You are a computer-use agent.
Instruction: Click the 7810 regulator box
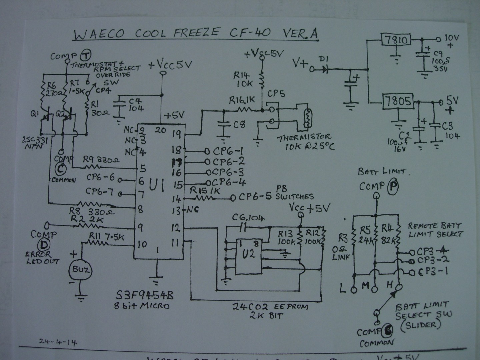pyautogui.click(x=397, y=40)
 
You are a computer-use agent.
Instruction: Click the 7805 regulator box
pyautogui.click(x=398, y=101)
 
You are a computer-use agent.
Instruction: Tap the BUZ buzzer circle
pyautogui.click(x=79, y=269)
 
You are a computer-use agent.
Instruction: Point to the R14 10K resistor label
pyautogui.click(x=245, y=80)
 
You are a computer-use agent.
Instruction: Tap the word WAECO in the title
pyautogui.click(x=99, y=34)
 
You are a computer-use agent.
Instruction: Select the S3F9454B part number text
pyautogui.click(x=144, y=295)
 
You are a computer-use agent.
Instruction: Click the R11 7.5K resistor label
pyautogui.click(x=107, y=237)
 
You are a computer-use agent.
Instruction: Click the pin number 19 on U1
pyautogui.click(x=177, y=134)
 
